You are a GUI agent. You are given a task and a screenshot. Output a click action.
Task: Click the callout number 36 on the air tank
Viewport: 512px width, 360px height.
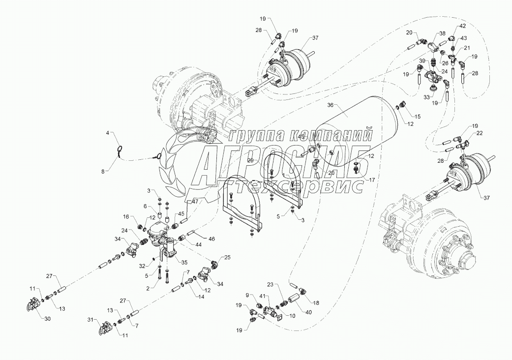[330, 105]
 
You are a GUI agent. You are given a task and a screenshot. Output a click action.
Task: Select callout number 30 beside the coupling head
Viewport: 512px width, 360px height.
[47, 318]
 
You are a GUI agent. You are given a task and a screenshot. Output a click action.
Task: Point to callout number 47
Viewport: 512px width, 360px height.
[195, 202]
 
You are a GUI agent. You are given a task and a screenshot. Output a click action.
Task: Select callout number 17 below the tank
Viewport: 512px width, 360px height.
[371, 180]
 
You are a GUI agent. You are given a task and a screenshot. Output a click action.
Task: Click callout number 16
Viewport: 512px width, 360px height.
[126, 216]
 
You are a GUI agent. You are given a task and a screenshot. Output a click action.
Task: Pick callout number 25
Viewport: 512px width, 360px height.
[227, 257]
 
